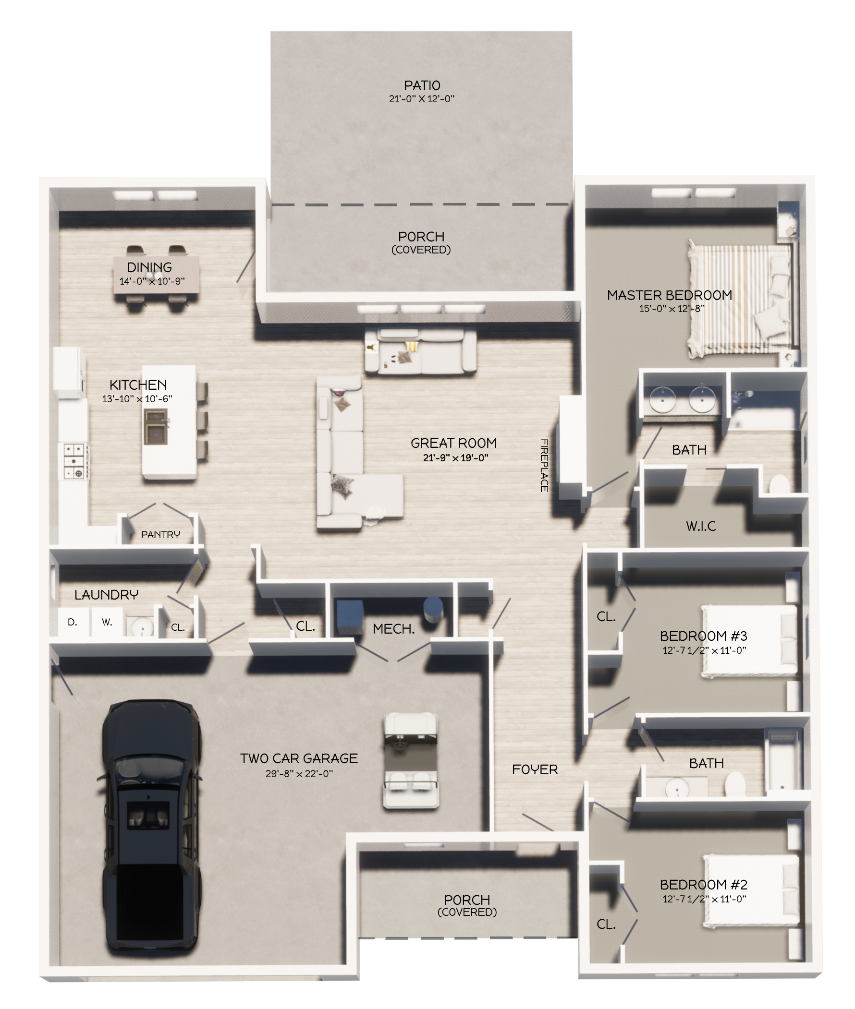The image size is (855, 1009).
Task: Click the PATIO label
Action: coord(422,86)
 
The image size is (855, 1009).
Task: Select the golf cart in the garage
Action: coord(411,760)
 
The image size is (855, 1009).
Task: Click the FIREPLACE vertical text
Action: coord(544,465)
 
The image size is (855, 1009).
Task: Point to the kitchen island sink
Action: coord(156,427)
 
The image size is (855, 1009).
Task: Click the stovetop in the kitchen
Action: coord(73,461)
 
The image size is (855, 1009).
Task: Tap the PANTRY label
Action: coord(160,534)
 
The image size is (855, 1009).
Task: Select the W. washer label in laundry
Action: coord(107,622)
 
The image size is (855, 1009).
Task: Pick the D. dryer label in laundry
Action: coord(72,622)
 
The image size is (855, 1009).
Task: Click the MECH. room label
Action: coord(393,629)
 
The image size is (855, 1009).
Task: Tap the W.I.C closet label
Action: coord(701,526)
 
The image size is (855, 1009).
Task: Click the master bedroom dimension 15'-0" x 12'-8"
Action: coord(672,309)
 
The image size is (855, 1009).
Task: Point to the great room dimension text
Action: coord(455,457)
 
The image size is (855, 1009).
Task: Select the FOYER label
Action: coord(535,769)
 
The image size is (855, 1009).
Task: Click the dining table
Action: coord(156,274)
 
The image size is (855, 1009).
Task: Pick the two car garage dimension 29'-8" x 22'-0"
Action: coord(299,774)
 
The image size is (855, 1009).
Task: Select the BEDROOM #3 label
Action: coord(703,636)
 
